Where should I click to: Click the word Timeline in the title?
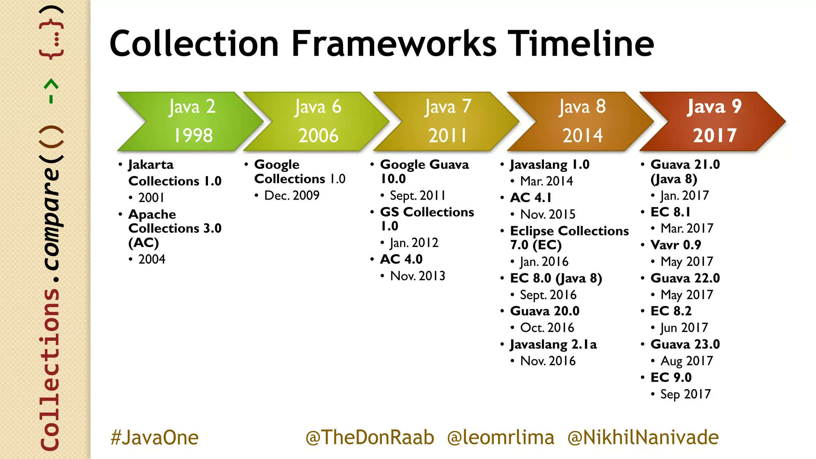tap(583, 44)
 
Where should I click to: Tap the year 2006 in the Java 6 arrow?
tap(318, 135)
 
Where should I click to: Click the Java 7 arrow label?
tap(448, 107)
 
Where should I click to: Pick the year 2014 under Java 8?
tap(582, 135)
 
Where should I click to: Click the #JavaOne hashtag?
tap(155, 437)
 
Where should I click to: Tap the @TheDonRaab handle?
tap(369, 437)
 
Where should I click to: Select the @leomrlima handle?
tap(500, 437)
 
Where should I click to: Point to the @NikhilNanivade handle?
tap(643, 437)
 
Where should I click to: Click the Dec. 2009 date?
tap(292, 196)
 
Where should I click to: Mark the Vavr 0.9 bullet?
tap(675, 245)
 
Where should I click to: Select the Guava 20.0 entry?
tap(545, 311)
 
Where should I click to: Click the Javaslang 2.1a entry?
tap(553, 345)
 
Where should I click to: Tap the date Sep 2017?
tap(685, 394)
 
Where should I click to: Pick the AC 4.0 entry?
tap(401, 259)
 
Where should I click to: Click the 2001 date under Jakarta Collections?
tap(151, 198)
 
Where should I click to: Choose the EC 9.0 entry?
tap(671, 377)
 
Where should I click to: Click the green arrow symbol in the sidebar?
tap(51, 91)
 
